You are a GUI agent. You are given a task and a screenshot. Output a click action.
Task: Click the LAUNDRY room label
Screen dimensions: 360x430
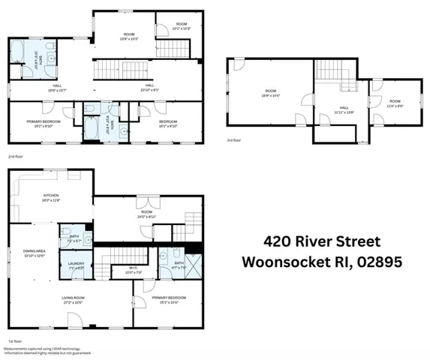click(x=75, y=262)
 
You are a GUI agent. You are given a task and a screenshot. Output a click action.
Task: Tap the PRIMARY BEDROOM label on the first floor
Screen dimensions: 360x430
click(x=169, y=298)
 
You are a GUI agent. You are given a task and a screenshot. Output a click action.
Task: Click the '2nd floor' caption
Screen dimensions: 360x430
click(x=14, y=156)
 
